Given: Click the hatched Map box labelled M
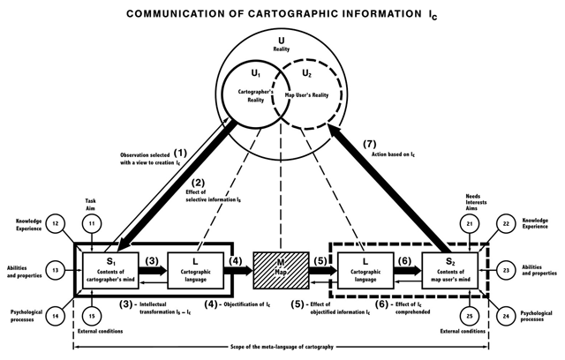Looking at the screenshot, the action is pyautogui.click(x=281, y=270).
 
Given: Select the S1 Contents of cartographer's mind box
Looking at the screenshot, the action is pyautogui.click(x=110, y=270).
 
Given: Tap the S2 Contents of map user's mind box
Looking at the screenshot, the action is pyautogui.click(x=450, y=270).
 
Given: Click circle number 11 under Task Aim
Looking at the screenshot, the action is pyautogui.click(x=92, y=223).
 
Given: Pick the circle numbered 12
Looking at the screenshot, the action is pyautogui.click(x=56, y=223).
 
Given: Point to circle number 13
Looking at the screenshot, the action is pyautogui.click(x=56, y=270).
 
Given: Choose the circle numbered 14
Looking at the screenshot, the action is pyautogui.click(x=56, y=316).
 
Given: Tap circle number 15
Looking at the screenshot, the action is pyautogui.click(x=92, y=316).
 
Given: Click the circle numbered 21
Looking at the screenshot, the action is pyautogui.click(x=470, y=223).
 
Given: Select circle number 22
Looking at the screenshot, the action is pyautogui.click(x=506, y=223).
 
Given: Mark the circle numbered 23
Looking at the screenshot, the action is pyautogui.click(x=506, y=270).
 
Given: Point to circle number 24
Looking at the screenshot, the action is pyautogui.click(x=506, y=316).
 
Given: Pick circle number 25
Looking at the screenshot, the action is pyautogui.click(x=470, y=316).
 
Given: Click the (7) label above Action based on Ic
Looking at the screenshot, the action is pyautogui.click(x=369, y=144).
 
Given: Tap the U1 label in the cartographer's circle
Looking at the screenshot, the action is pyautogui.click(x=255, y=74).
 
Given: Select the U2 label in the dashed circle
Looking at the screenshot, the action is pyautogui.click(x=306, y=74).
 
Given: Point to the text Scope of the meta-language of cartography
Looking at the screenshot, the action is pyautogui.click(x=282, y=347).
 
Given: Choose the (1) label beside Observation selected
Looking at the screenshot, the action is pyautogui.click(x=180, y=153).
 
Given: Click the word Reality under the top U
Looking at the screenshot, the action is pyautogui.click(x=281, y=49).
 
